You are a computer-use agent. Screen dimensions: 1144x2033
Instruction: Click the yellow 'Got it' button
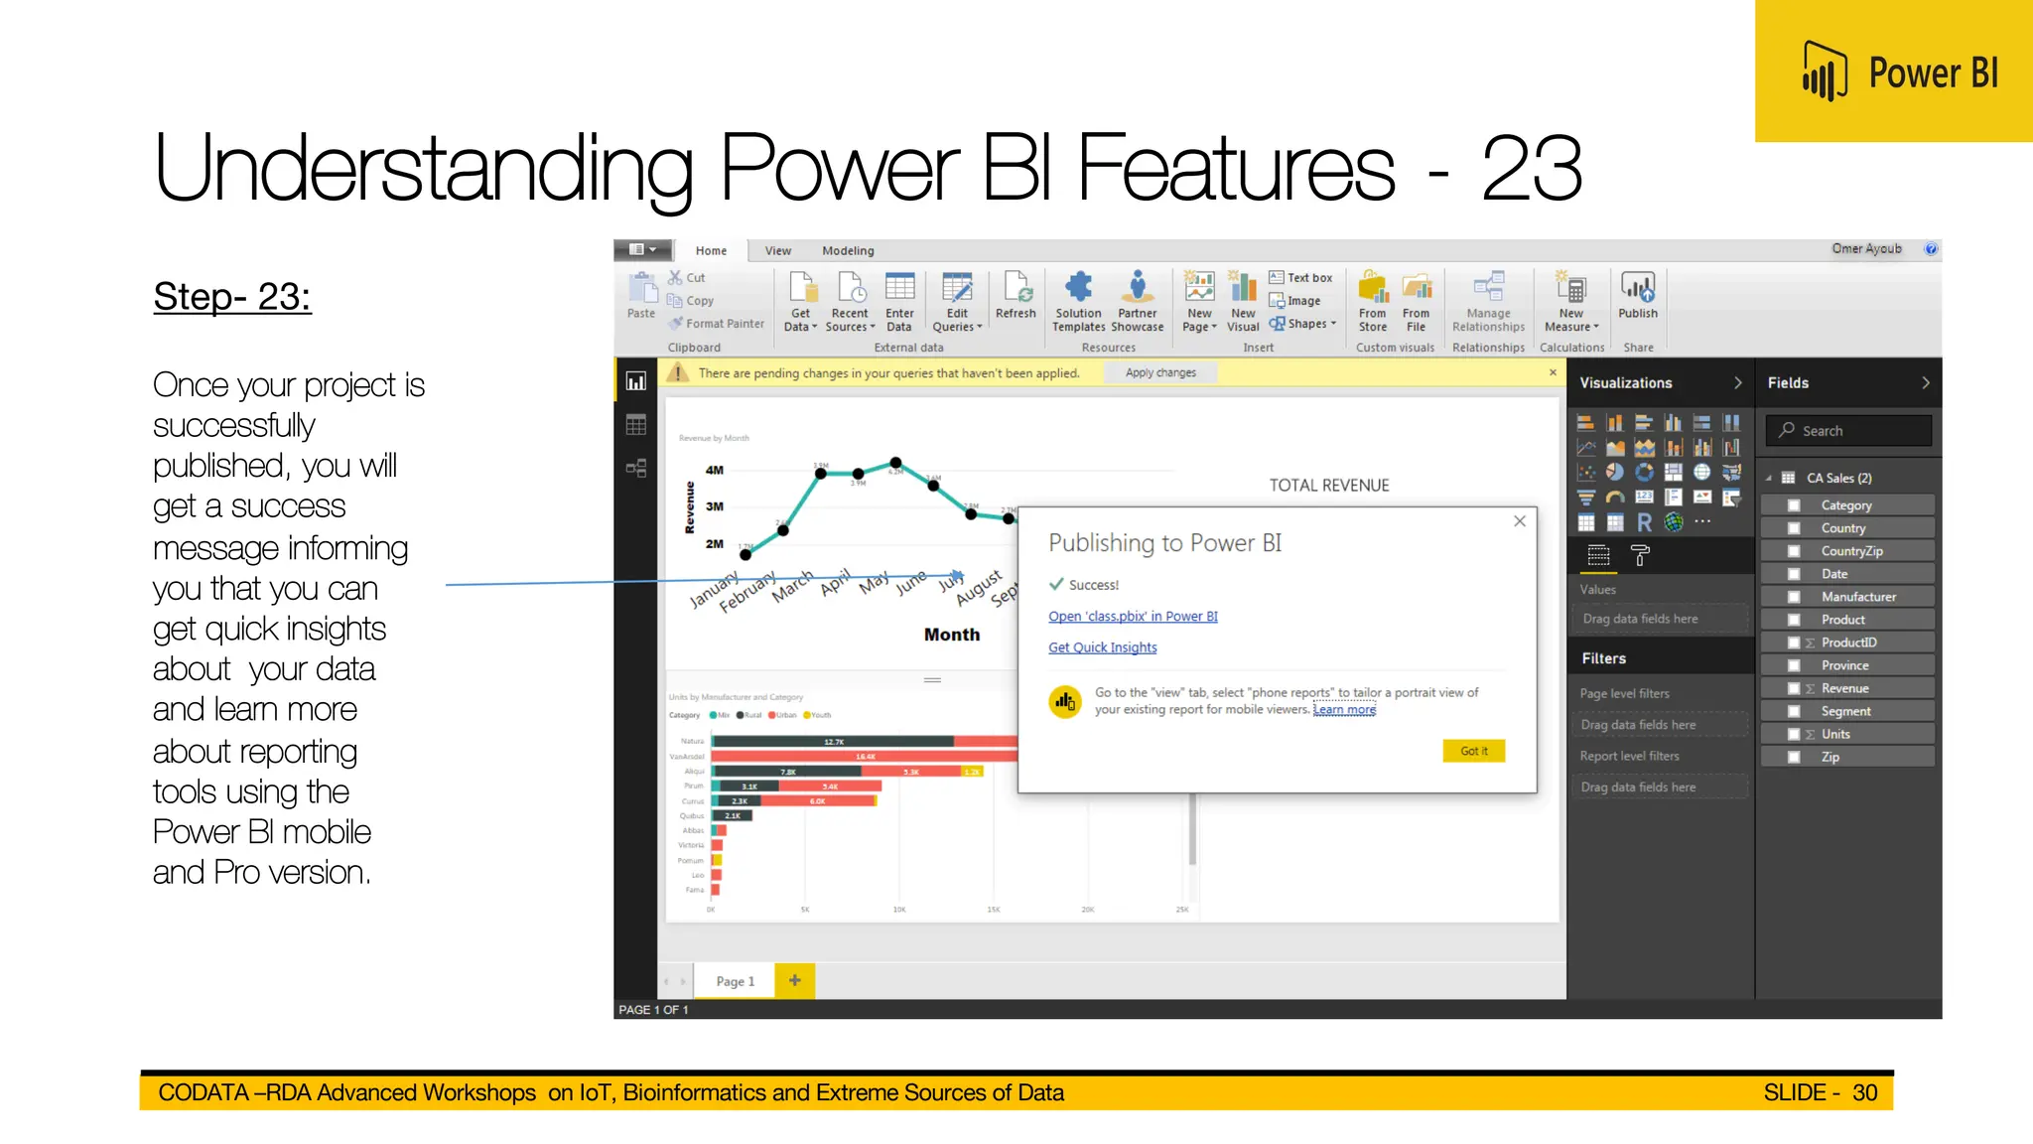(x=1473, y=751)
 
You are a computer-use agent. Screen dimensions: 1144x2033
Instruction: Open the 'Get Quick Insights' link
(x=1102, y=647)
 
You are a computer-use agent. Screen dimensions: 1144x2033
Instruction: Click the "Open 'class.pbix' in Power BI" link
(x=1133, y=617)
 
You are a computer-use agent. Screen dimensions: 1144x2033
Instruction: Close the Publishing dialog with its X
(x=1519, y=521)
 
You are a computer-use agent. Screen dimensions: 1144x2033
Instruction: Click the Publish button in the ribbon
(x=1637, y=296)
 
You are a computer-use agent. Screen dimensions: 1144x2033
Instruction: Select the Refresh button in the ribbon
(x=1015, y=296)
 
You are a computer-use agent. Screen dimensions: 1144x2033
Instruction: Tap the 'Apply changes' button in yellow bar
(x=1160, y=373)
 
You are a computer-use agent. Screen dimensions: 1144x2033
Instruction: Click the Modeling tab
(x=847, y=251)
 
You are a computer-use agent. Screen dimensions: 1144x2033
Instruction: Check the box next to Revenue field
(x=1793, y=688)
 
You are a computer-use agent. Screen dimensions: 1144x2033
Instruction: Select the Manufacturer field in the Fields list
(x=1857, y=597)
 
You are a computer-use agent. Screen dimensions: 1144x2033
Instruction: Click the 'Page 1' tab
(x=735, y=981)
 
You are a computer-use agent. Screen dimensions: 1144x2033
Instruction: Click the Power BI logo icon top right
(x=1824, y=71)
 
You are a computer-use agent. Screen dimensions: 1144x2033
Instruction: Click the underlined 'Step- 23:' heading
(x=232, y=297)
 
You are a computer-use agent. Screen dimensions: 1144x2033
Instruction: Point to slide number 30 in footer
(x=1864, y=1092)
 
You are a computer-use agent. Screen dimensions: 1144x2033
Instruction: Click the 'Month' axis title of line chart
(x=951, y=635)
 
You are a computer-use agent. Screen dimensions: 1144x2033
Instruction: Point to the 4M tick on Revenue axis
(x=714, y=470)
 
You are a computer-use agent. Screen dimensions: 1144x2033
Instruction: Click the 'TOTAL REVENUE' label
(x=1328, y=486)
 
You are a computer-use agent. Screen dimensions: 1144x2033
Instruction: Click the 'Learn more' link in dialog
(x=1344, y=709)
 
